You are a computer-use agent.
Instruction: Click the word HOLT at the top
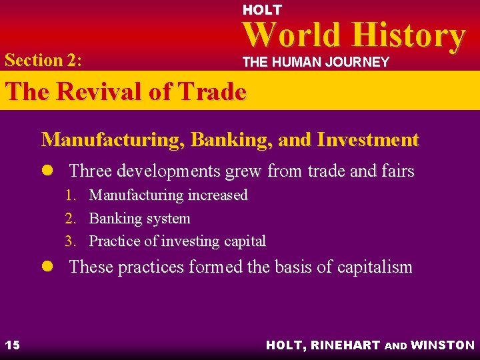tap(262, 10)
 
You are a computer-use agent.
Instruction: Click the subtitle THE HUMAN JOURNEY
tap(315, 62)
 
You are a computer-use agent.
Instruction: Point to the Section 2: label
tap(43, 60)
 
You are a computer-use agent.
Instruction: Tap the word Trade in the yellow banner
tap(213, 92)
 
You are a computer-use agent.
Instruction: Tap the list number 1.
tap(70, 195)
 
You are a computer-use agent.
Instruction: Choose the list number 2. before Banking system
tap(70, 219)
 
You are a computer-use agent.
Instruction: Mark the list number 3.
tap(70, 241)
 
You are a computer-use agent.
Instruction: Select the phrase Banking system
tap(139, 219)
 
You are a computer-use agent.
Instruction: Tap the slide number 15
tap(12, 345)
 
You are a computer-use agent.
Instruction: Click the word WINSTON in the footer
tap(443, 345)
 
